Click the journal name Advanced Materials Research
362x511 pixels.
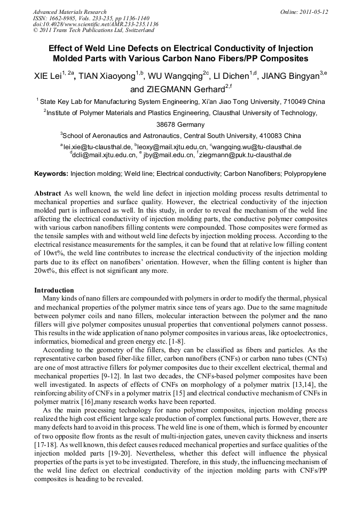click(69, 12)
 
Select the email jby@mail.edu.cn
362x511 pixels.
click(168, 155)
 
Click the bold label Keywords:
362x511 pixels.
click(51, 174)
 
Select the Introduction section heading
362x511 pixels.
click(54, 290)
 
